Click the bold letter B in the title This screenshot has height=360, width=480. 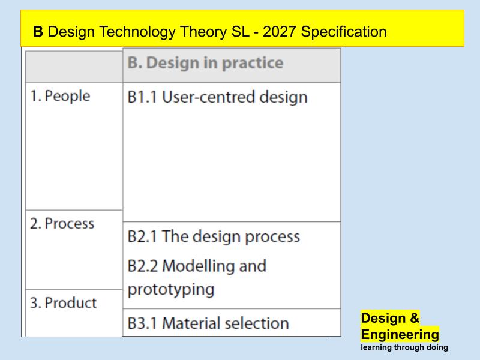tap(38, 32)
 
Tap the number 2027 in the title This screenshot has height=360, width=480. tap(277, 32)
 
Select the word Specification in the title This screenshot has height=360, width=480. tap(344, 32)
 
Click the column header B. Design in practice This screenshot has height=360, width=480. tap(205, 63)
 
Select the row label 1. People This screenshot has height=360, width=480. tap(60, 96)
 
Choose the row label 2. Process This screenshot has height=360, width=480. tap(62, 224)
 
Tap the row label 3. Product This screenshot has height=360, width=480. tap(63, 302)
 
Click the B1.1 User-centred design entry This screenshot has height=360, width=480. tap(217, 97)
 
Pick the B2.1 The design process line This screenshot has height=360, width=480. tap(213, 236)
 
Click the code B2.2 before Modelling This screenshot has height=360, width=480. tap(143, 266)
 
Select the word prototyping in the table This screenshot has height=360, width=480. tap(171, 289)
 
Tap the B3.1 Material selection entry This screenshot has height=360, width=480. tap(208, 323)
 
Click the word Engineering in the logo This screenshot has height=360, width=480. tap(400, 334)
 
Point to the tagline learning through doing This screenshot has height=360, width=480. tap(404, 347)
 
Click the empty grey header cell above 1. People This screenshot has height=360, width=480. tap(74, 66)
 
